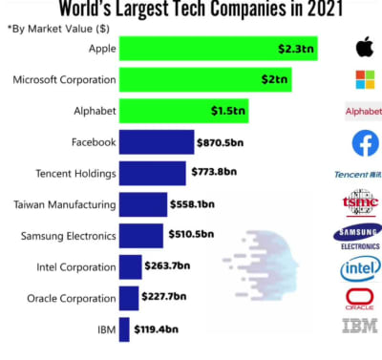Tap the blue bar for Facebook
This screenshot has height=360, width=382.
click(157, 142)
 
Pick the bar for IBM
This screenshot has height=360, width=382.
click(124, 330)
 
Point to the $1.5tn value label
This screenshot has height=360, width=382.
click(228, 111)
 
